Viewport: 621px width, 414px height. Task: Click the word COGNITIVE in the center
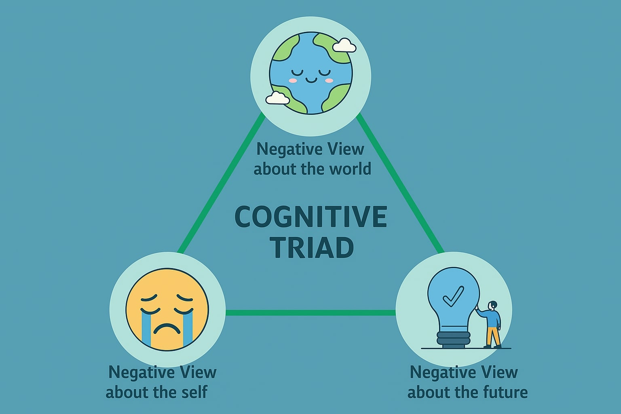click(310, 217)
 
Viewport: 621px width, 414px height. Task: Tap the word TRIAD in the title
click(312, 247)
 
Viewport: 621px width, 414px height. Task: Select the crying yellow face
click(167, 309)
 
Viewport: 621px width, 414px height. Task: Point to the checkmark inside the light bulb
click(453, 296)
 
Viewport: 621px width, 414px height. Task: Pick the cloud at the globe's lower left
click(277, 98)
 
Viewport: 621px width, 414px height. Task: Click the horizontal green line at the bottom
click(310, 313)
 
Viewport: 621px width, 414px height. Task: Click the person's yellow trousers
click(493, 336)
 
